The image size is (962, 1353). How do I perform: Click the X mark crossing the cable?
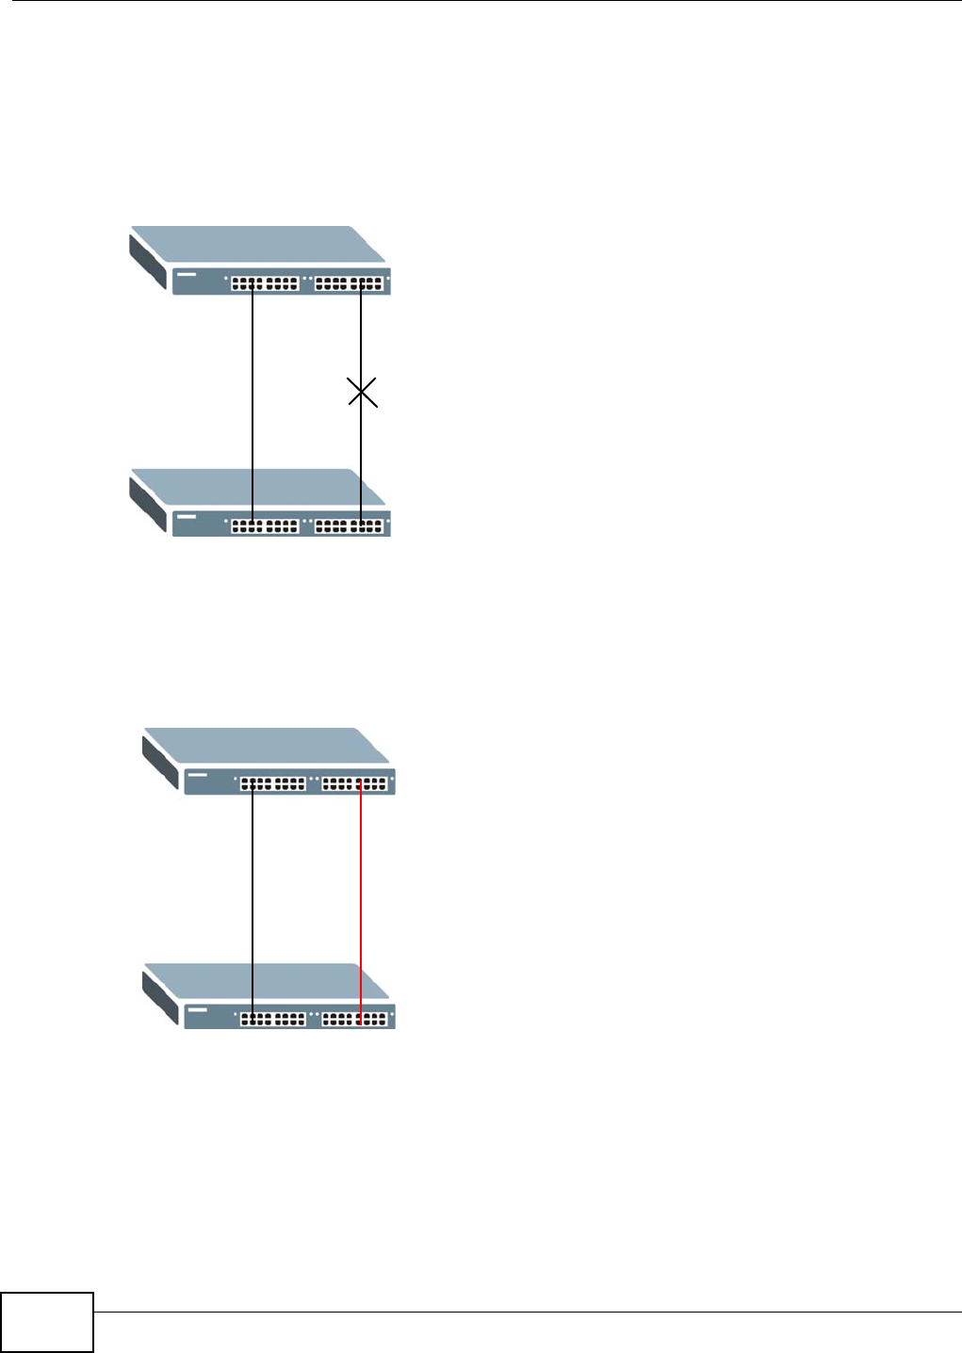point(363,393)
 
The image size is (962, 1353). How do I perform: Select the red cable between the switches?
point(361,904)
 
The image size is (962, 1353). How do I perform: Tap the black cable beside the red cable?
point(253,904)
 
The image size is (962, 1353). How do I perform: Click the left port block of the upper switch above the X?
point(265,282)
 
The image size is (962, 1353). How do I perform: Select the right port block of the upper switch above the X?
point(350,282)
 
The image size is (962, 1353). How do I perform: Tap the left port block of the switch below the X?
point(265,526)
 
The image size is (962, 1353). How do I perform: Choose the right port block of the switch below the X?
point(350,526)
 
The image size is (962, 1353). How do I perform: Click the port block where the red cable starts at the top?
point(354,782)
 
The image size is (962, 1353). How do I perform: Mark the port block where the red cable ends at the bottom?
point(354,1019)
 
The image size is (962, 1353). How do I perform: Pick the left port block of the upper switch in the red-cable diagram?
point(273,782)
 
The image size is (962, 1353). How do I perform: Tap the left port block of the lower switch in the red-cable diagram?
point(273,1019)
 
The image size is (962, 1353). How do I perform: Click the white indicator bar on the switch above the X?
point(185,276)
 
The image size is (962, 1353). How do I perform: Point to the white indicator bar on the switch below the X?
point(185,518)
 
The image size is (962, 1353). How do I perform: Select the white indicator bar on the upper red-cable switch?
point(197,776)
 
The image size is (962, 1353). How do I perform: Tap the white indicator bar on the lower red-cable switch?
point(197,1011)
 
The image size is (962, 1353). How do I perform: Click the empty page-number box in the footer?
point(47,1323)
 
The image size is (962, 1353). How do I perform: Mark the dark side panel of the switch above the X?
point(149,261)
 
